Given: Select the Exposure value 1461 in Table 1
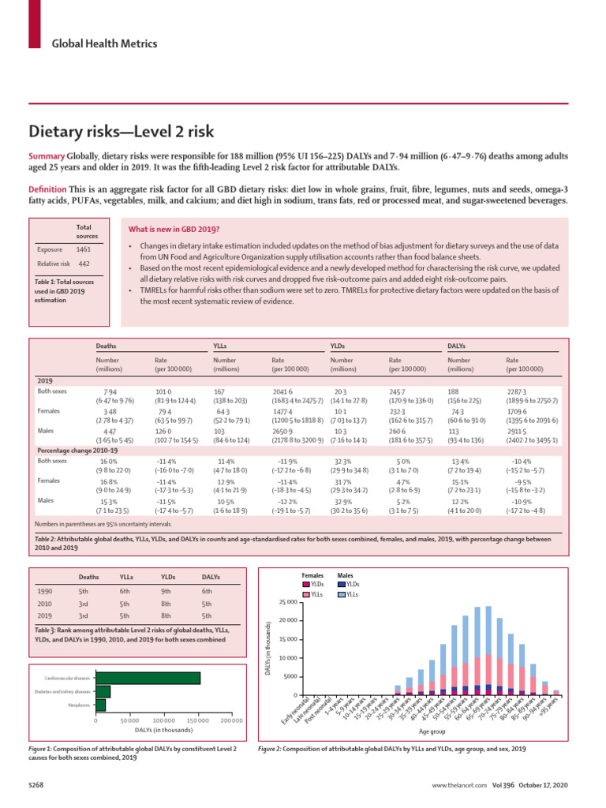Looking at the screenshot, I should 83,249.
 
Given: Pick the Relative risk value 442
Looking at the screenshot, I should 84,264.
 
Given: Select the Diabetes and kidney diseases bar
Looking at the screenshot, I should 103,691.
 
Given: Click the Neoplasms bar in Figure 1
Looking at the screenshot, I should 100,704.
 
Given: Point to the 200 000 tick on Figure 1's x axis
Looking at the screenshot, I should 231,720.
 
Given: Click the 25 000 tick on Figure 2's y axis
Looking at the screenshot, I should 287,603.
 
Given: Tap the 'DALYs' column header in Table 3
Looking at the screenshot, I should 211,576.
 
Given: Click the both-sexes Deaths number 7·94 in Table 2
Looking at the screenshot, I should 111,391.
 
